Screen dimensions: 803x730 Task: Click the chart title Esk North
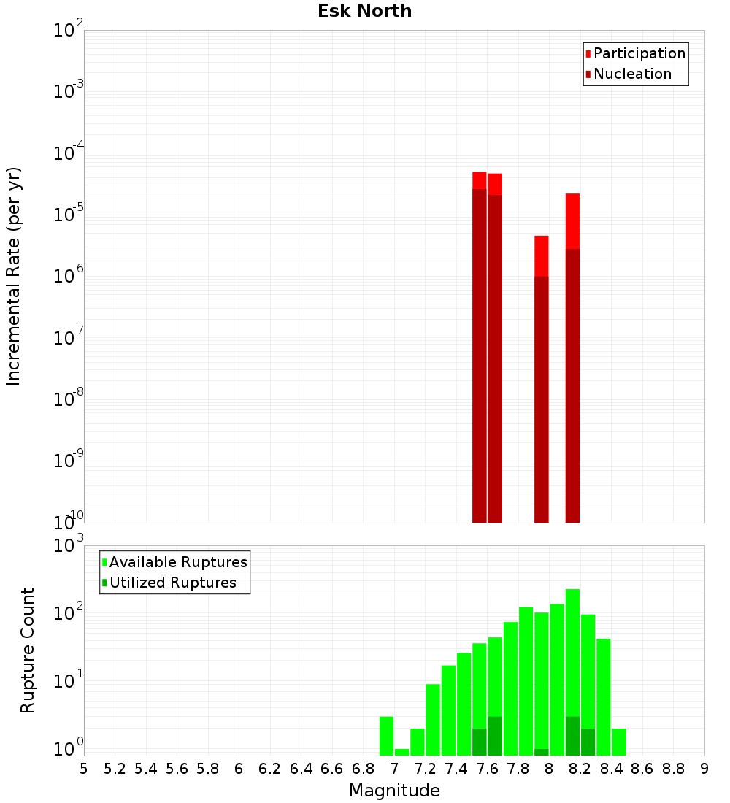[x=365, y=12]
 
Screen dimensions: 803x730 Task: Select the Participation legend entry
[x=639, y=54]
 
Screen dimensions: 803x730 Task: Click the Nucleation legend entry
[x=632, y=74]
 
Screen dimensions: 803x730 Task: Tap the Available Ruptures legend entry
[x=178, y=563]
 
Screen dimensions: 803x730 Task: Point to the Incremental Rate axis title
[x=14, y=276]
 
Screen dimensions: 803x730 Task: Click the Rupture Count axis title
[x=28, y=650]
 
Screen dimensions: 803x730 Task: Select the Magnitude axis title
[x=394, y=791]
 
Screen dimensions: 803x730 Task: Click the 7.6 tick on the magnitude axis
[x=487, y=769]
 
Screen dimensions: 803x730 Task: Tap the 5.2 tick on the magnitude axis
[x=115, y=769]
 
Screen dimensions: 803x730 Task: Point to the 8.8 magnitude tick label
[x=673, y=769]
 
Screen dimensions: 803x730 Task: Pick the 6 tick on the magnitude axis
[x=239, y=769]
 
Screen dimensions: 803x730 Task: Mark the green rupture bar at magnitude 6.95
[x=386, y=736]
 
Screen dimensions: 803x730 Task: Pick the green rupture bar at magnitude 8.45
[x=619, y=742]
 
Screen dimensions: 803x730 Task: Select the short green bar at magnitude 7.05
[x=401, y=752]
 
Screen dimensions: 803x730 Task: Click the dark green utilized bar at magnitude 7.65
[x=495, y=737]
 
